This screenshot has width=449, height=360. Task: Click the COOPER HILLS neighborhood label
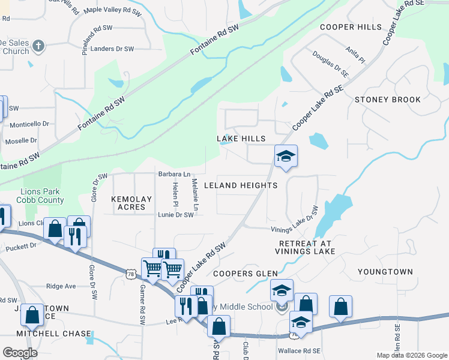click(x=351, y=27)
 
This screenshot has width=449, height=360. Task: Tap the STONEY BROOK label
click(x=388, y=100)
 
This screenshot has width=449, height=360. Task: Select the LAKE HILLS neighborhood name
click(x=241, y=139)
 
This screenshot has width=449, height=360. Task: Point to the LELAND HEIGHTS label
click(x=241, y=185)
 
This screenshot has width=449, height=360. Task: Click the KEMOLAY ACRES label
click(x=128, y=202)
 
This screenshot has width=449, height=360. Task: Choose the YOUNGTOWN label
click(x=385, y=272)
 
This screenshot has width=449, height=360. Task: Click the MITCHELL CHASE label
click(x=53, y=333)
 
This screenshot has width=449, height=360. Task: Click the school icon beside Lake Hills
click(x=286, y=157)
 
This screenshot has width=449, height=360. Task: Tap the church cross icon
click(x=38, y=46)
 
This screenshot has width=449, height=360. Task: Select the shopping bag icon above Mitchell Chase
click(x=32, y=315)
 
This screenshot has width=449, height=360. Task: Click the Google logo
click(x=20, y=353)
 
